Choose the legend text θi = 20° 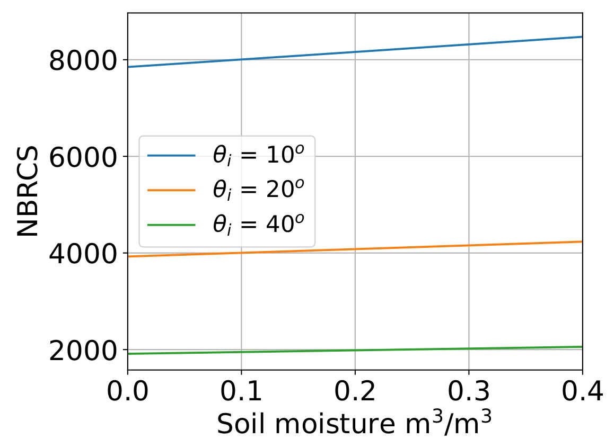[x=260, y=190]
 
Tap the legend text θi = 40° [x=260, y=225]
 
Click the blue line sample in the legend [x=171, y=156]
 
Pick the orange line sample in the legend [x=171, y=191]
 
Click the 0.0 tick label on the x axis [x=128, y=392]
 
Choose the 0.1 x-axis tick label [x=241, y=392]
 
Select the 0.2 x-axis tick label [x=355, y=392]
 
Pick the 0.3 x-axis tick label [x=469, y=392]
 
